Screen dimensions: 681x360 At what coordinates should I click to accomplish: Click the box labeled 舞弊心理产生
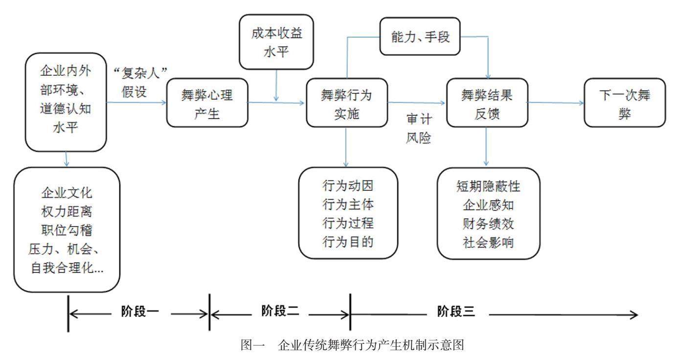207,102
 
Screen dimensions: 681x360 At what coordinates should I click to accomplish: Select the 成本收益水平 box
276,42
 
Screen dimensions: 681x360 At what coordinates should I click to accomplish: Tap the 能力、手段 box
420,36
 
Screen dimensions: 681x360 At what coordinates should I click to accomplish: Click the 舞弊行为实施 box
346,102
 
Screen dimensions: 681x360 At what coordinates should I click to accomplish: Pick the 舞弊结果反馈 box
487,102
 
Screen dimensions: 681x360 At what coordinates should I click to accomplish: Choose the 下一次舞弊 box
625,102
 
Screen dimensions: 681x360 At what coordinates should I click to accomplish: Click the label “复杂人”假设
140,82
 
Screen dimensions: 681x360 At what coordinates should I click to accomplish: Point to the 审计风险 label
419,128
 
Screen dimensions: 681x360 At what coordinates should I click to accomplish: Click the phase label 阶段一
140,312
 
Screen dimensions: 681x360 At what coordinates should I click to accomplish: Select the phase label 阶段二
280,311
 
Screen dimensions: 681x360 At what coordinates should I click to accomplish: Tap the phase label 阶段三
456,312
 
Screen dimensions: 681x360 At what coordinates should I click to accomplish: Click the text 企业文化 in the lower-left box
67,193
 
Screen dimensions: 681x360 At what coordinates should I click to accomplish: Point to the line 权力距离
67,212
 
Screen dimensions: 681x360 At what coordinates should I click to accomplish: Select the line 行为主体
348,204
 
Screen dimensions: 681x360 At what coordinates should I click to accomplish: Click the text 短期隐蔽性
488,186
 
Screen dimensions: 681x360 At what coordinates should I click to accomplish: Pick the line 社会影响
488,243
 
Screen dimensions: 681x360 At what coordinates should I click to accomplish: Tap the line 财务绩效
488,224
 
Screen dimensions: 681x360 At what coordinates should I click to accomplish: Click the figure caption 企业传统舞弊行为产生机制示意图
371,345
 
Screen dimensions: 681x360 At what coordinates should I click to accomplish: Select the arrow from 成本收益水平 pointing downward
276,86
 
